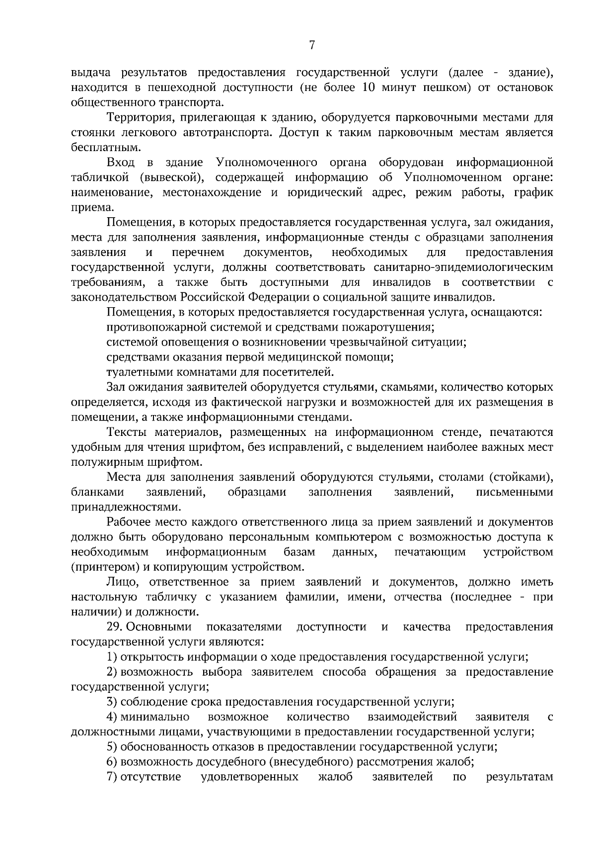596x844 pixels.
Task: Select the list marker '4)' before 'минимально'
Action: (112, 717)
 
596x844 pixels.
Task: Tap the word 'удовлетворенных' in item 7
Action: (250, 776)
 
